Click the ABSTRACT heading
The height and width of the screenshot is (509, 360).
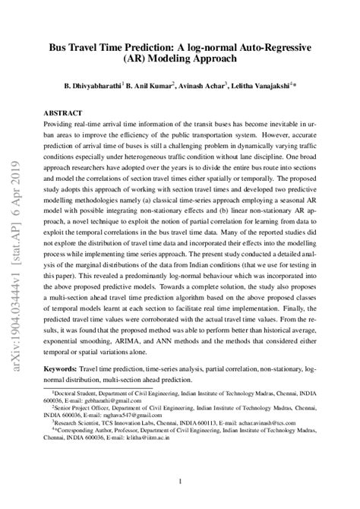click(64, 111)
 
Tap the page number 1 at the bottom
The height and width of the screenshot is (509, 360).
click(180, 482)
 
